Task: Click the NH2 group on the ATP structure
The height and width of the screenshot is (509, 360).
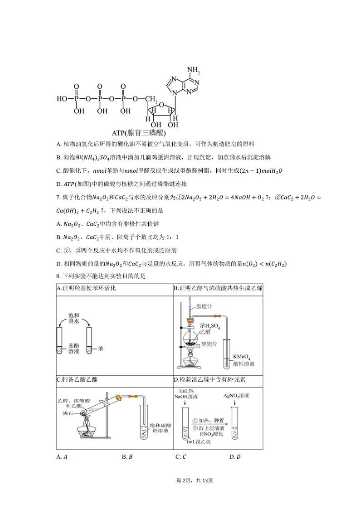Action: point(193,70)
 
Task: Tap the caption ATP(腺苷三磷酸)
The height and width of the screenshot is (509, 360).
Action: point(139,133)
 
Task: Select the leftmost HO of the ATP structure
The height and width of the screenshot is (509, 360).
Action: point(62,98)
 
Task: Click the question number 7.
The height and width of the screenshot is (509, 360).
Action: point(58,198)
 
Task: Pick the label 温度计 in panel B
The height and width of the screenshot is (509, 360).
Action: point(204,307)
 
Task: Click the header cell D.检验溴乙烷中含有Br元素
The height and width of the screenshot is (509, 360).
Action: point(212,379)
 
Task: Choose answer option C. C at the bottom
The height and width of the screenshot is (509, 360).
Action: point(180,457)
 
